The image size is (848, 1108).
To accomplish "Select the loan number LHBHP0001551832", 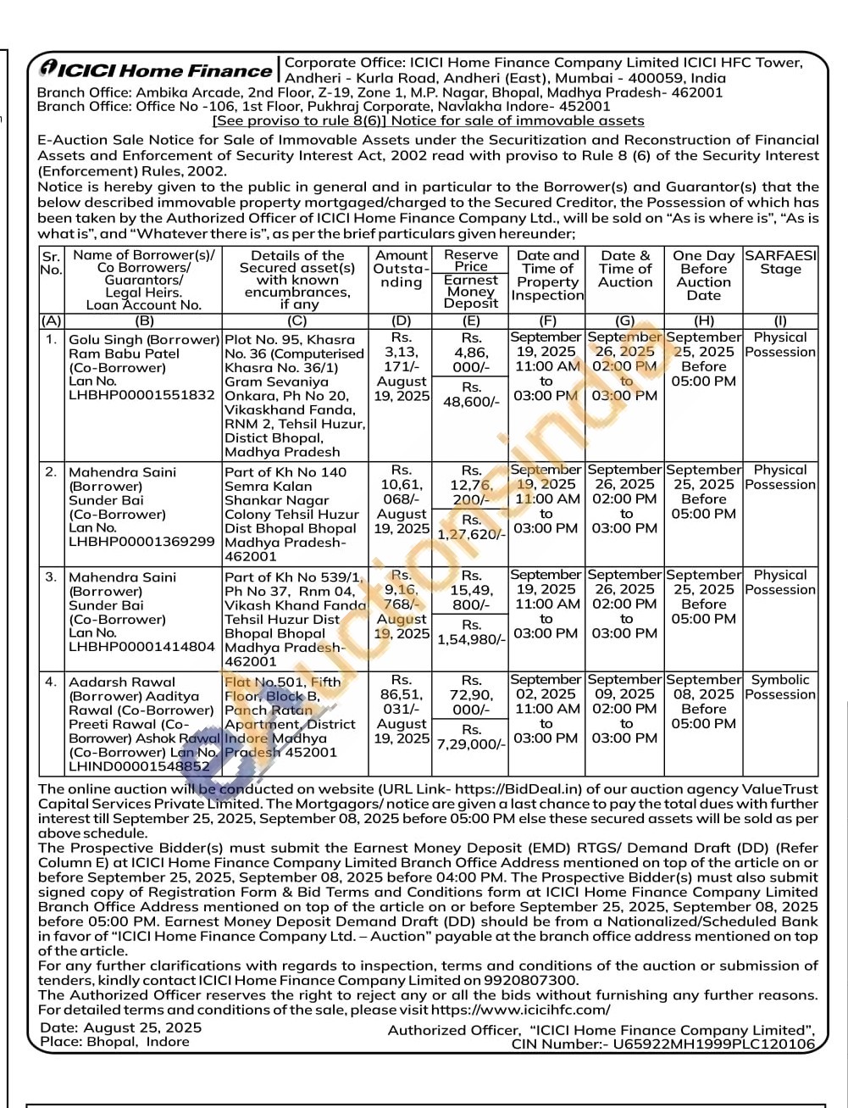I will pyautogui.click(x=141, y=395).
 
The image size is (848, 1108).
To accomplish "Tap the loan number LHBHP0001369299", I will pyautogui.click(x=141, y=541).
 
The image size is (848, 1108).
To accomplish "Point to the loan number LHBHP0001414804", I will pyautogui.click(x=141, y=646).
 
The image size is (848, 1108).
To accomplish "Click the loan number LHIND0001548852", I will pyautogui.click(x=140, y=766).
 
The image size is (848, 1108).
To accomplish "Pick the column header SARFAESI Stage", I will pyautogui.click(x=780, y=262).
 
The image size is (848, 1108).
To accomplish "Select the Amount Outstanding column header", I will pyautogui.click(x=401, y=269).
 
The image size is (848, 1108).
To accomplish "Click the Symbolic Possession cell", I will pyautogui.click(x=780, y=688).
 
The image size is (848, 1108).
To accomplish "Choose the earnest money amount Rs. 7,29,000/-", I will pyautogui.click(x=471, y=738).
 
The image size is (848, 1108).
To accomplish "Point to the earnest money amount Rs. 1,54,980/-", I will pyautogui.click(x=471, y=632).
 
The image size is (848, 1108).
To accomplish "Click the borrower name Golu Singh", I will pyautogui.click(x=105, y=339).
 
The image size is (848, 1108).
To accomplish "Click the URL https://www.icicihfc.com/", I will pyautogui.click(x=520, y=1010).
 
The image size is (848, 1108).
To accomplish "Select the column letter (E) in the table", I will pyautogui.click(x=470, y=321).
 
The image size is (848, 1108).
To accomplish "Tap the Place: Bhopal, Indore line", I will pyautogui.click(x=114, y=1042).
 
